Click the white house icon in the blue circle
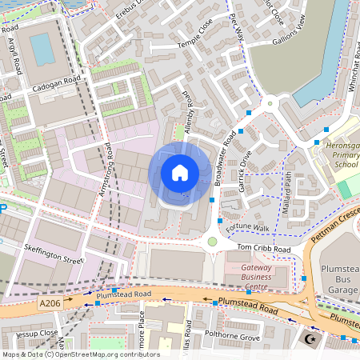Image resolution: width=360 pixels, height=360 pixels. point(180,172)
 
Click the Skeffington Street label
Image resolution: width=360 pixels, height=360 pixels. point(54,254)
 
